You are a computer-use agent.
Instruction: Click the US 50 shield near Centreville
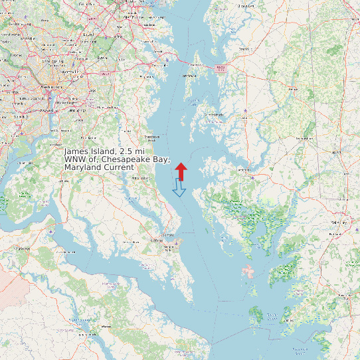(221, 67)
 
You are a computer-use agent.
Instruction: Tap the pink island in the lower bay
(249, 271)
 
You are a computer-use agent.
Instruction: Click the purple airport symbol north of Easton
(245, 110)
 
